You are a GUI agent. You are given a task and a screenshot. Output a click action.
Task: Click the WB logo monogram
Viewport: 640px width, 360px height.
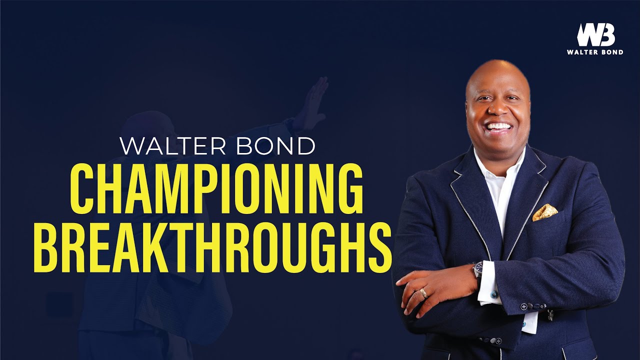[596, 34]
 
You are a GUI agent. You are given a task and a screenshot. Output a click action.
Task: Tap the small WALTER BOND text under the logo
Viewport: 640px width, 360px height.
[595, 52]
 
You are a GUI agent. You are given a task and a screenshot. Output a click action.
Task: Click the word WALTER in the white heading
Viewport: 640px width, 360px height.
[173, 146]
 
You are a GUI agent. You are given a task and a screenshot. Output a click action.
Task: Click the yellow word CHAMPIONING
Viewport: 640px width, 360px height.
[216, 189]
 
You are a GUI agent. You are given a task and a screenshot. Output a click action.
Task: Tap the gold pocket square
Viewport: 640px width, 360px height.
[544, 212]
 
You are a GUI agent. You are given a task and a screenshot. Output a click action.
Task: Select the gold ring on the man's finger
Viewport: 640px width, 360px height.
[424, 293]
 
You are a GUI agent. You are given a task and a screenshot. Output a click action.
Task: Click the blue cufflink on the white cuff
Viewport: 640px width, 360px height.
[493, 294]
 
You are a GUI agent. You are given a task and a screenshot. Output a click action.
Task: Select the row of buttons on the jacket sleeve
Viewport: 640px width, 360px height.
[533, 306]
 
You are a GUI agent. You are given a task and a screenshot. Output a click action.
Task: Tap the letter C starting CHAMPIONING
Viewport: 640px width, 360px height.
[82, 189]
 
